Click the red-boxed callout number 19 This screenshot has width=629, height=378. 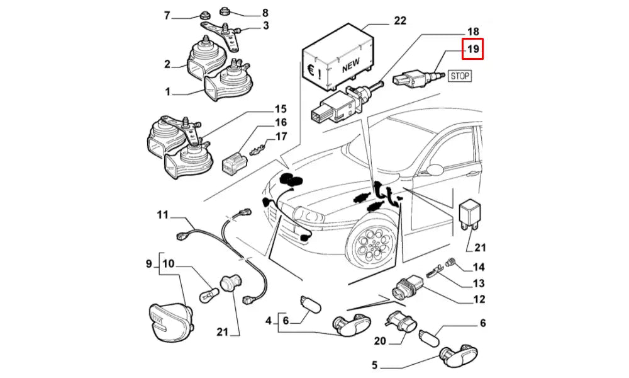[472, 49]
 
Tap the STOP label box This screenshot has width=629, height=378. [459, 76]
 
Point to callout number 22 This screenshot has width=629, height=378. [399, 21]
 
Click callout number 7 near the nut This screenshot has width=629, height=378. [167, 15]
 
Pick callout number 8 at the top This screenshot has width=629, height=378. [265, 13]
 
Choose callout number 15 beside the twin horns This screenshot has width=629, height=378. [281, 109]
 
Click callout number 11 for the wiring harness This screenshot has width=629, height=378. [163, 215]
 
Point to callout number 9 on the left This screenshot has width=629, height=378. [150, 264]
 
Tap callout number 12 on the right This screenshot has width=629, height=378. [479, 300]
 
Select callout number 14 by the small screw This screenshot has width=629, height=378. [479, 267]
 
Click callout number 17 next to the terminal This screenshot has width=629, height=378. [281, 136]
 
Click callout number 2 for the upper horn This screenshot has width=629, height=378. [167, 64]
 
